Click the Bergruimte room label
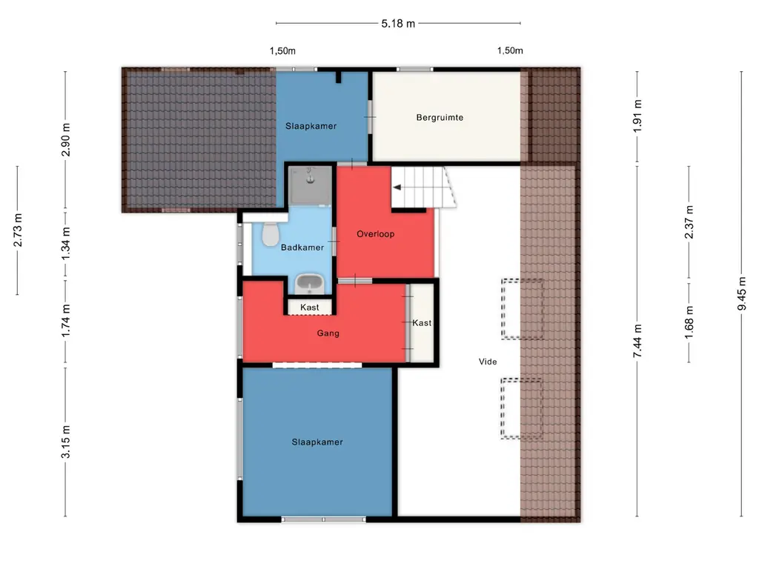coord(440,118)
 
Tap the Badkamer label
coord(302,247)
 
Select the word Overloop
coord(375,234)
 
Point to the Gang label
coord(328,333)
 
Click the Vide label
coord(488,362)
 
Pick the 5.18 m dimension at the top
coord(398,24)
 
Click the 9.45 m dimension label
coord(741,294)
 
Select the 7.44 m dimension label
coord(637,341)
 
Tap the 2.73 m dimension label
coord(18,230)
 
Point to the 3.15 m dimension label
coord(66,442)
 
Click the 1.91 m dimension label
coord(637,116)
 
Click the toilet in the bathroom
coord(270,234)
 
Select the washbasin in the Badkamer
coord(309,284)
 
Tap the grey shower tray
coord(311,186)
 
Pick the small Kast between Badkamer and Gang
coord(310,307)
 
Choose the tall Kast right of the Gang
coord(422,323)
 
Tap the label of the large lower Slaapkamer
coord(317,442)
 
